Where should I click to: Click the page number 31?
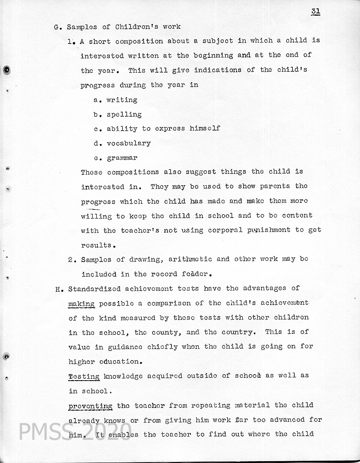click(x=316, y=12)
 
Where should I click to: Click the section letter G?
click(x=57, y=27)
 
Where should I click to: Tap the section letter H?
click(x=58, y=289)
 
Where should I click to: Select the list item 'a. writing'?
click(x=115, y=100)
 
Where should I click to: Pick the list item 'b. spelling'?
click(x=118, y=114)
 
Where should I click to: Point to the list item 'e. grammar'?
click(x=115, y=158)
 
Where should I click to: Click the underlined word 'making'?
click(x=82, y=304)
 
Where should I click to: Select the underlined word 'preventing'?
click(x=90, y=406)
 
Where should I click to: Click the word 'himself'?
click(x=204, y=129)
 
